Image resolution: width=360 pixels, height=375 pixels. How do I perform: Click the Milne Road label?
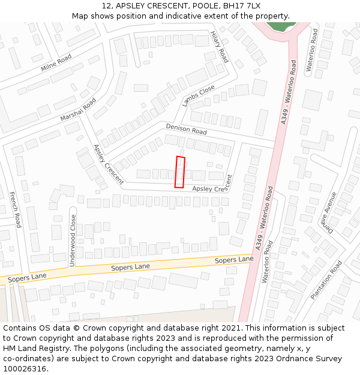pyautogui.click(x=56, y=62)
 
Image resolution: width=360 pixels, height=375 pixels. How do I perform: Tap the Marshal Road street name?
pyautogui.click(x=78, y=109)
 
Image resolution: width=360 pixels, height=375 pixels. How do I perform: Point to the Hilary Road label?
pyautogui.click(x=220, y=47)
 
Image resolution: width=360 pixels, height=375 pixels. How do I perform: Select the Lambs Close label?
pyautogui.click(x=199, y=95)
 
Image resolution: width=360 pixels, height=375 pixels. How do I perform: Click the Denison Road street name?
pyautogui.click(x=186, y=128)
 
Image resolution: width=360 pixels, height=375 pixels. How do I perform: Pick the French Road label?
pyautogui.click(x=15, y=209)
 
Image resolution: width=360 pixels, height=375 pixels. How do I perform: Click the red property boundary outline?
pyautogui.click(x=180, y=172)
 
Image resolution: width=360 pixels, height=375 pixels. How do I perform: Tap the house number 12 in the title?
pyautogui.click(x=107, y=6)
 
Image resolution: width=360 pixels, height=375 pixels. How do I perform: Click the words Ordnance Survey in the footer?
pyautogui.click(x=313, y=359)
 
